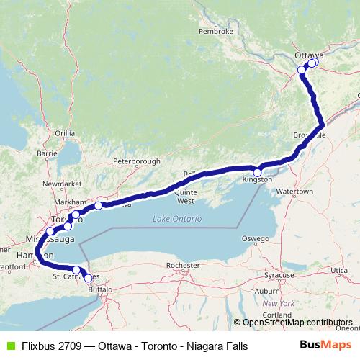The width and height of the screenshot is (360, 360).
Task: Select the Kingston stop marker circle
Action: click(x=257, y=173)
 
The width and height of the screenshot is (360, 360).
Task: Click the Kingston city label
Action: click(x=258, y=180)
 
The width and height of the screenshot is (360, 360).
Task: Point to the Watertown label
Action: click(x=295, y=192)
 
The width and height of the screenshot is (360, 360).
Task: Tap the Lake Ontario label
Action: click(x=178, y=218)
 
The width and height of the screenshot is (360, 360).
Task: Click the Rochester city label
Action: click(x=181, y=266)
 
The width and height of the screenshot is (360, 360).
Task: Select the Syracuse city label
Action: click(x=279, y=276)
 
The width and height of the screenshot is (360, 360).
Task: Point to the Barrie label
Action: click(x=48, y=153)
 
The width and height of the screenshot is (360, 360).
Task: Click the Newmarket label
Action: click(x=58, y=184)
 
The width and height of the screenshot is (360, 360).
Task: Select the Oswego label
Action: click(x=256, y=238)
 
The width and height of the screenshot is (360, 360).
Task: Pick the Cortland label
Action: click(x=276, y=315)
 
